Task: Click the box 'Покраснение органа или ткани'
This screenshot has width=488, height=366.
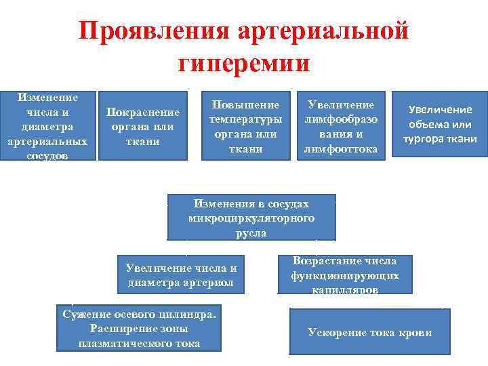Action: coord(142,126)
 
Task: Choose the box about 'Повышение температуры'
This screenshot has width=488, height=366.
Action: coord(245,126)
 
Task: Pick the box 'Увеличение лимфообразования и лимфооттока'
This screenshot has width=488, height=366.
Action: coord(341,126)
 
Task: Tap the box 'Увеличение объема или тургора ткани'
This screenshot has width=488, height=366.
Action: coord(441,125)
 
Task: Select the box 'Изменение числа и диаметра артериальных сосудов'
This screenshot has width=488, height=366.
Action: coord(47,126)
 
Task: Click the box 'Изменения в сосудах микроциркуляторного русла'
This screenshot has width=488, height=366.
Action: coord(251,218)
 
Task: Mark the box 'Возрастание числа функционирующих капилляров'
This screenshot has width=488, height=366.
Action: coord(344,274)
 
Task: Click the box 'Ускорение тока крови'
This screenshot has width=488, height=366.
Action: coord(369,332)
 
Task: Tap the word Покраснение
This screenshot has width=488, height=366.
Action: coord(142,113)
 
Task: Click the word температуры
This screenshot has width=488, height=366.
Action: coord(245,119)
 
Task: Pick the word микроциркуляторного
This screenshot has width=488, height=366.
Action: coord(251,219)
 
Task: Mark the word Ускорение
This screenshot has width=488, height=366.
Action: coord(335,332)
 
